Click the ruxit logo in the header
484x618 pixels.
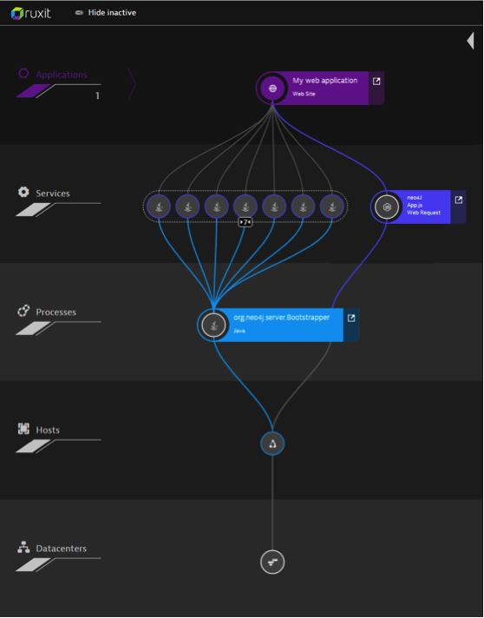30,13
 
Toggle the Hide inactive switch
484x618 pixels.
79,13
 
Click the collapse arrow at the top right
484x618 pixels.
470,41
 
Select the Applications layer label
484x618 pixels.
62,75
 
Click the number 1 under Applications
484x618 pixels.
97,95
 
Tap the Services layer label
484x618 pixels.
53,194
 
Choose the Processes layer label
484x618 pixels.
56,312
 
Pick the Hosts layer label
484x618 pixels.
48,430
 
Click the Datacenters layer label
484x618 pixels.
61,549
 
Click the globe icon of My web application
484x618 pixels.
272,89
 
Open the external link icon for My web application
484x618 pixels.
376,82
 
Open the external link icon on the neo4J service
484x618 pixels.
458,200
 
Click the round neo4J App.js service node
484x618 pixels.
387,207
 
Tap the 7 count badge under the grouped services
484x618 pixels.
245,222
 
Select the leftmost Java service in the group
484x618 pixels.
159,206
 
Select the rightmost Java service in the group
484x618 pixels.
332,206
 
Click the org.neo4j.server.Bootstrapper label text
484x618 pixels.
282,318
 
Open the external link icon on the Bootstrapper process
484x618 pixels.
351,318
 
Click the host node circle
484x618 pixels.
272,444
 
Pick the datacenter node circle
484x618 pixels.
272,562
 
